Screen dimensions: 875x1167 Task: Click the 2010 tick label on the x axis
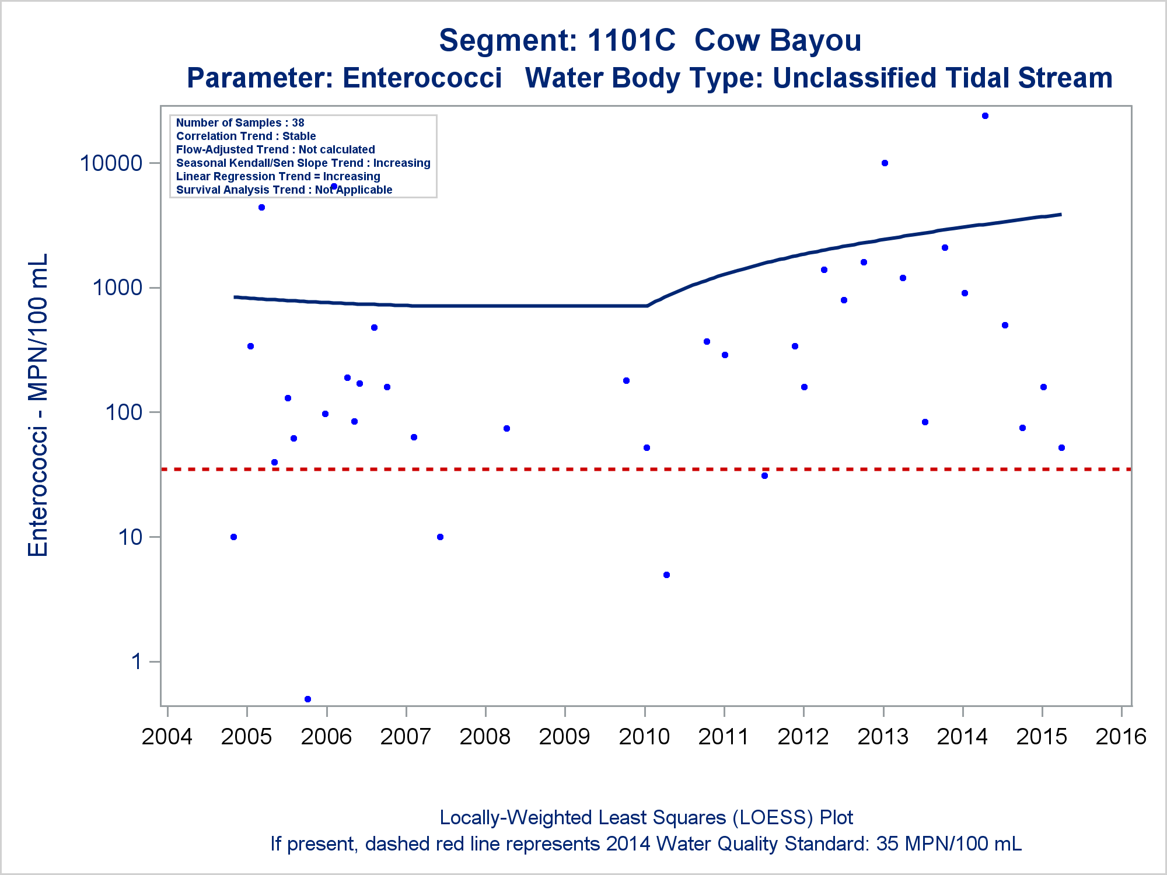point(644,737)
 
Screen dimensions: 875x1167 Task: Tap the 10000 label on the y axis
point(111,163)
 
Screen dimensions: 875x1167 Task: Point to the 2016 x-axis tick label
point(1121,737)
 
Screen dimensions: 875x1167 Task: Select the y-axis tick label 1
point(137,661)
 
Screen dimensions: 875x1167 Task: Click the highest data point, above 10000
point(985,116)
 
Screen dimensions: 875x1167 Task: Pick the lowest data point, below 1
point(308,699)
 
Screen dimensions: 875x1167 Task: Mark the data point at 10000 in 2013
point(885,163)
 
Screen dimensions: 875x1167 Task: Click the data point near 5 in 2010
point(666,575)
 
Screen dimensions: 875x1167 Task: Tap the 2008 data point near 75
point(506,429)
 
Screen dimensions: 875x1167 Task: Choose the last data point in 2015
point(1061,448)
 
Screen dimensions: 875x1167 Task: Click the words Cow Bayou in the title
point(777,41)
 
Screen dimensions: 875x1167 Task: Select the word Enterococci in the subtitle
point(422,78)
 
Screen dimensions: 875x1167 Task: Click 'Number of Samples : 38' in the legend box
point(240,123)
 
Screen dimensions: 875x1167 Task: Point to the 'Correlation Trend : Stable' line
point(246,136)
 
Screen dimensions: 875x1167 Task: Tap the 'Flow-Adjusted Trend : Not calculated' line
point(275,149)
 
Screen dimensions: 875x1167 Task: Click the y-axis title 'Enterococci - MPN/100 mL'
point(38,405)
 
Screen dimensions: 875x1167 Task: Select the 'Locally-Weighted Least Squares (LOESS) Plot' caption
point(646,818)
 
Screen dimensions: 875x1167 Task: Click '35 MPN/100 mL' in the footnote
point(949,844)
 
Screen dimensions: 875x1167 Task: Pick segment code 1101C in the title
point(631,41)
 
